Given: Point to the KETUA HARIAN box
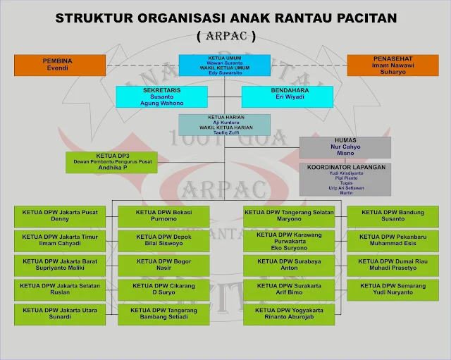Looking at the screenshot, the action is (x=224, y=124).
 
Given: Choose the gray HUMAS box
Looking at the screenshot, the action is (x=345, y=147).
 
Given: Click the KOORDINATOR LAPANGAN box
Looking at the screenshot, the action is (x=345, y=179).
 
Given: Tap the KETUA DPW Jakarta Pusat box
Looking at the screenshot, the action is (x=60, y=215).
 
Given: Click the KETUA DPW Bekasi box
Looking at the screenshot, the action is (x=163, y=215).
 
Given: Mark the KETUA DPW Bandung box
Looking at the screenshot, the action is (x=392, y=216).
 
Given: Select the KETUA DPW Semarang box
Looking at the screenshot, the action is (x=392, y=290).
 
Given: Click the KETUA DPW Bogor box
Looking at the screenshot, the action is (x=163, y=265).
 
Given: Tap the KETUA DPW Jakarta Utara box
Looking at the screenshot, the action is (x=60, y=314).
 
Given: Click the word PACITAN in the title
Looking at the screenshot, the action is (x=357, y=18).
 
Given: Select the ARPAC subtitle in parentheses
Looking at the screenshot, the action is (x=225, y=35).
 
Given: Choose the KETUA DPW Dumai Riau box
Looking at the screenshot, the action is (x=392, y=265).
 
